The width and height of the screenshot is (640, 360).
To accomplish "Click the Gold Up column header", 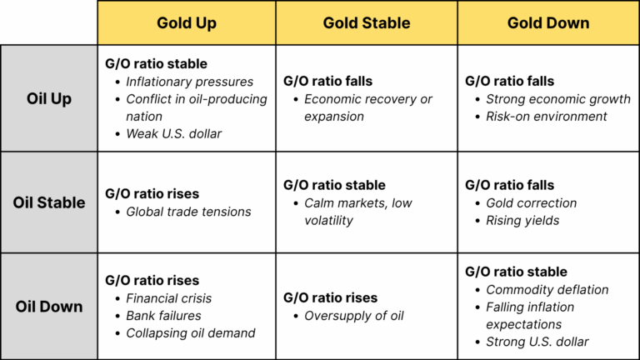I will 186,22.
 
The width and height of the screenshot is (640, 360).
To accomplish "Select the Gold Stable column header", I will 367,22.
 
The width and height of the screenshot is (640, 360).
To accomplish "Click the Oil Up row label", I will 49,98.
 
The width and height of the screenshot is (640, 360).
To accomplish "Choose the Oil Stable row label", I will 49,202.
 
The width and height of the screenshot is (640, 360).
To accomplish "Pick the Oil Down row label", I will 49,307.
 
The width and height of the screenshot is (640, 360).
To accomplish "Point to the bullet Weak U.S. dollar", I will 174,134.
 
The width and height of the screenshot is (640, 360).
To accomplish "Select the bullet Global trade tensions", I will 188,212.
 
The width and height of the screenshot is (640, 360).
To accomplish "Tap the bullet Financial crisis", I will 169,298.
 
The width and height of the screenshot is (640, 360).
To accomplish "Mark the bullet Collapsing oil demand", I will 191,333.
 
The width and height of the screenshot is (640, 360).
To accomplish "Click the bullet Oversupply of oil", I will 354,316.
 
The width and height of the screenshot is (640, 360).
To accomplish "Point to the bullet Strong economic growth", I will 558,99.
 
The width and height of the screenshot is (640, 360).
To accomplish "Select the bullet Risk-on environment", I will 547,117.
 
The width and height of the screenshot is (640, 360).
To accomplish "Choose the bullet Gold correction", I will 532,203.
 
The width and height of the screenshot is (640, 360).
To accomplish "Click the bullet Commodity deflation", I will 547,290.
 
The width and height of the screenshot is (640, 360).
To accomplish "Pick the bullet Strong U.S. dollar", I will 537,342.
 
